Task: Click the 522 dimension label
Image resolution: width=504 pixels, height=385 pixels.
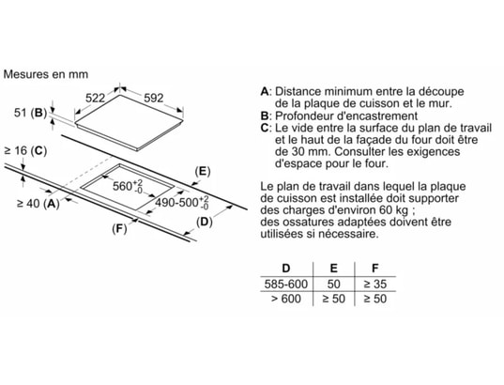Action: click(95, 98)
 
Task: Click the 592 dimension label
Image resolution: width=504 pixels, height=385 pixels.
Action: click(153, 98)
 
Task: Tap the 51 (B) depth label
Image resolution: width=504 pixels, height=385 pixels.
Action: click(31, 113)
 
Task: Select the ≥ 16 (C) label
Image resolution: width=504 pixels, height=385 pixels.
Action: click(25, 150)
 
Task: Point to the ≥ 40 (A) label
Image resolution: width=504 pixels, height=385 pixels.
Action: click(38, 203)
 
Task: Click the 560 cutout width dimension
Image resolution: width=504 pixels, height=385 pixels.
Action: click(128, 186)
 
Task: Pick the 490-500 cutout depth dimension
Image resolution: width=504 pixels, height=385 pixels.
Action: click(182, 202)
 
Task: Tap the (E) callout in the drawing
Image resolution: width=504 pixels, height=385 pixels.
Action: click(203, 172)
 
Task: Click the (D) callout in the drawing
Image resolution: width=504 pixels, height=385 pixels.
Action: click(205, 222)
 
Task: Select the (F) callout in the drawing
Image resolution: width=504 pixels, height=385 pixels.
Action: click(119, 229)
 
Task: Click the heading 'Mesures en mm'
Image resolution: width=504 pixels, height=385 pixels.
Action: click(46, 74)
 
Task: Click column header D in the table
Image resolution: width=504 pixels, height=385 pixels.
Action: click(285, 268)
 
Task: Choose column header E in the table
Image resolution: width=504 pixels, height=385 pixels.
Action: click(333, 268)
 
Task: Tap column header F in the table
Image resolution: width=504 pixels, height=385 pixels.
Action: click(374, 268)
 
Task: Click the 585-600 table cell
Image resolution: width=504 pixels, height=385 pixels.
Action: click(286, 284)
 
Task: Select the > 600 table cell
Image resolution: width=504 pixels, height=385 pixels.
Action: click(286, 299)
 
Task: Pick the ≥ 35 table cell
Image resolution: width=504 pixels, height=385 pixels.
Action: click(375, 284)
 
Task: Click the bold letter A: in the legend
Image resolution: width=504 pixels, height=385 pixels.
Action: click(267, 91)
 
